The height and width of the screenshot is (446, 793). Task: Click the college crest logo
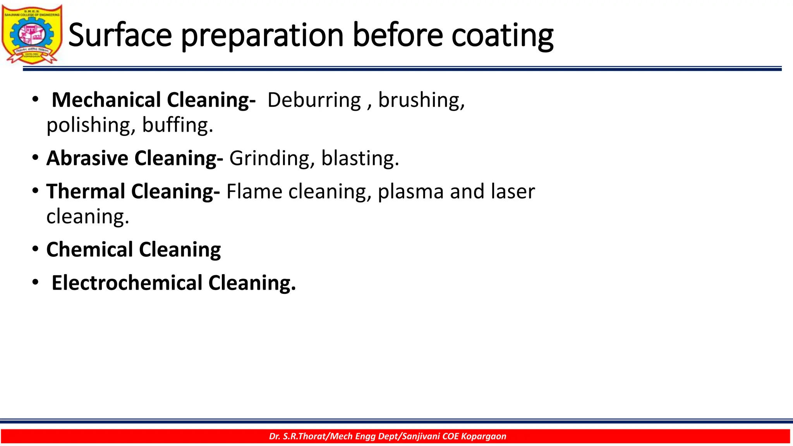pyautogui.click(x=32, y=34)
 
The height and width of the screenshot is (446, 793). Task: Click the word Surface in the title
pyautogui.click(x=120, y=36)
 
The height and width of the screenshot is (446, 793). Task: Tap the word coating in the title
pyautogui.click(x=502, y=36)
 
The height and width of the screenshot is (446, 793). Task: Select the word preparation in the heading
pyautogui.click(x=262, y=36)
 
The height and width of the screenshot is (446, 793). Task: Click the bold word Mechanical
pyautogui.click(x=106, y=100)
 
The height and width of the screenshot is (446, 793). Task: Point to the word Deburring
pyautogui.click(x=314, y=100)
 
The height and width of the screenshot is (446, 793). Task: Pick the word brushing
pyautogui.click(x=421, y=100)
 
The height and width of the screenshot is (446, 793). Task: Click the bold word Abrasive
pyautogui.click(x=87, y=158)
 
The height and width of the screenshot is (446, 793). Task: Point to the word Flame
pyautogui.click(x=254, y=191)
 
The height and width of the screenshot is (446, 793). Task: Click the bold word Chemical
pyautogui.click(x=89, y=249)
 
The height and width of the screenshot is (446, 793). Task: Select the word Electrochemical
pyautogui.click(x=127, y=283)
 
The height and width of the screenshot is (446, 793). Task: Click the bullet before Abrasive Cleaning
pyautogui.click(x=35, y=158)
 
